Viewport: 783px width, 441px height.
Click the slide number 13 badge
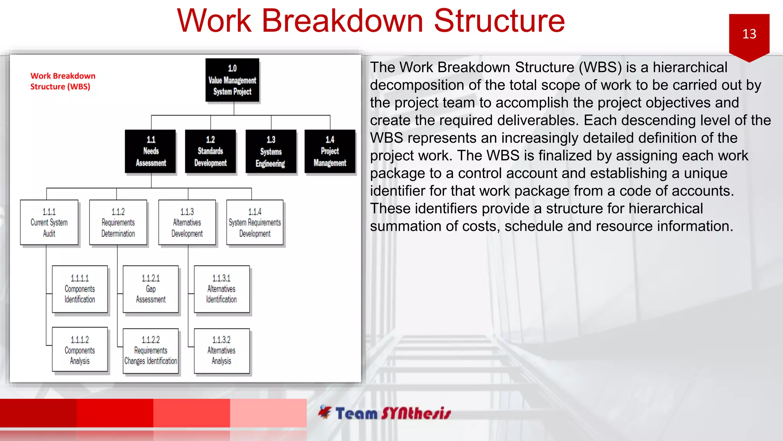[x=749, y=34]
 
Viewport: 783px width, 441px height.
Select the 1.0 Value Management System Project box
[x=232, y=80]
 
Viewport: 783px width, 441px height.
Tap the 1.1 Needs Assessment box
[x=151, y=152]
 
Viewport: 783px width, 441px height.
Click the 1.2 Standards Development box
[x=210, y=152]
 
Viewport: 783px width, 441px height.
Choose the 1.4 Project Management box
[x=330, y=152]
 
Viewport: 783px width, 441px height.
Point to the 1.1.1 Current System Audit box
[x=49, y=222]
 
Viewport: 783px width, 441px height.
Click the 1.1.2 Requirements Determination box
[x=118, y=222]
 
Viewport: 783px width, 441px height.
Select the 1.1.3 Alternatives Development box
[x=187, y=222]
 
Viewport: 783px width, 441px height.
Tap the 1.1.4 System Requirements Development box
[x=255, y=222]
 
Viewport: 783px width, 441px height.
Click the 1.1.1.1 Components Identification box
[x=80, y=289]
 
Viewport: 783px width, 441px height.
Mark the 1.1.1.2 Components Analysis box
[x=80, y=350]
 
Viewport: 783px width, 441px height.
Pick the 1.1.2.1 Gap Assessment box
[x=151, y=289]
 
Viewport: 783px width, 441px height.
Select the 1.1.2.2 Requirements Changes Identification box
[x=151, y=351]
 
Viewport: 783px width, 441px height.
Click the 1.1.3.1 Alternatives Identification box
[x=221, y=289]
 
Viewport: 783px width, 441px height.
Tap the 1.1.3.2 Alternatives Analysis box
[x=221, y=351]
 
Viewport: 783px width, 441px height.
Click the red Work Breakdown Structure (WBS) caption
[x=63, y=81]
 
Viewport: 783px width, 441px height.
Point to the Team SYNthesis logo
[x=384, y=413]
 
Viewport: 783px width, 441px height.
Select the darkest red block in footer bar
[x=38, y=413]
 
